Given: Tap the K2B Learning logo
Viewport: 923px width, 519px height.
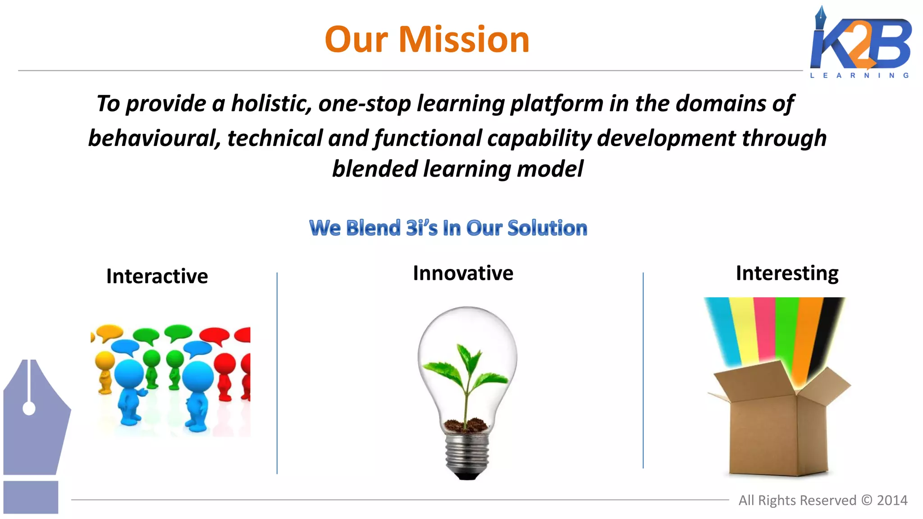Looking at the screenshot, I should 860,43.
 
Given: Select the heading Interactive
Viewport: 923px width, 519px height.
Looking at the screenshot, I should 157,276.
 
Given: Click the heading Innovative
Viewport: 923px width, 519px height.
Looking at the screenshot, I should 463,273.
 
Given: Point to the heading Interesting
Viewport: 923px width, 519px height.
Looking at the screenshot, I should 787,273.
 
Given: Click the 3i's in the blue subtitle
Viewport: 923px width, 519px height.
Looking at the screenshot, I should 421,228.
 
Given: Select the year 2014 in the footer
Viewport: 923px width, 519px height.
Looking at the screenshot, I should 892,500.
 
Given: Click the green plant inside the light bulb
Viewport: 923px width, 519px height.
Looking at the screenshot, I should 467,374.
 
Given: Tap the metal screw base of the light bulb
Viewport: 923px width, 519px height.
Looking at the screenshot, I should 467,455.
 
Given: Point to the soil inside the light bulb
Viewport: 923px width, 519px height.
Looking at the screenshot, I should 466,425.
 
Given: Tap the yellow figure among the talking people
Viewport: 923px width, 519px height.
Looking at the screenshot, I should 105,372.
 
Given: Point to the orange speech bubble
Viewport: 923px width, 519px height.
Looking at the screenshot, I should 110,332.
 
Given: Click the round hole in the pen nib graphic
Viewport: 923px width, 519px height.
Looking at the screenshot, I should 29,409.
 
